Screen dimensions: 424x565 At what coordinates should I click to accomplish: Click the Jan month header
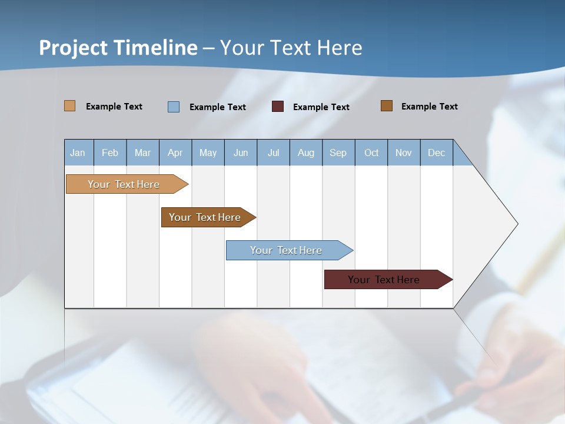point(78,153)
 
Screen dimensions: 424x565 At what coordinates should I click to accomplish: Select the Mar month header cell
point(142,153)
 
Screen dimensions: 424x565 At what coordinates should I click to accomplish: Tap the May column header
point(208,153)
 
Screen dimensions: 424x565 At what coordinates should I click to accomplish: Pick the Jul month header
point(273,153)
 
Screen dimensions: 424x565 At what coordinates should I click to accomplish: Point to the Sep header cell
point(338,153)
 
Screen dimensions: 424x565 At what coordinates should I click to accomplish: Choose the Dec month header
point(436,153)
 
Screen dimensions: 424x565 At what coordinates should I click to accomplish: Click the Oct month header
point(371,153)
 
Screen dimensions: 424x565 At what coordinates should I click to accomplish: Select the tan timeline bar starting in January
point(124,184)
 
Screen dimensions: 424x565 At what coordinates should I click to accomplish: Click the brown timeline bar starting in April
point(205,217)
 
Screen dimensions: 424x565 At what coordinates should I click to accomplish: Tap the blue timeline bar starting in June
point(286,250)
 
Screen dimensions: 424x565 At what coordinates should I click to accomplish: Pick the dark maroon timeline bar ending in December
point(384,280)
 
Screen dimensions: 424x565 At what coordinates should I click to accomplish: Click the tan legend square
point(70,106)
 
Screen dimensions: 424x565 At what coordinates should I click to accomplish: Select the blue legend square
point(174,107)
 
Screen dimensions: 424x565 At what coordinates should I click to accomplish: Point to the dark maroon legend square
point(278,107)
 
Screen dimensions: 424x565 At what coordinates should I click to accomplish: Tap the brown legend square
point(387,106)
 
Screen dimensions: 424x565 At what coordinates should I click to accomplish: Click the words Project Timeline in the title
point(118,48)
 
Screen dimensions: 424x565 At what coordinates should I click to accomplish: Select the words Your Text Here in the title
point(291,48)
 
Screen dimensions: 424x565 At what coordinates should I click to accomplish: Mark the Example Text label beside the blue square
point(217,107)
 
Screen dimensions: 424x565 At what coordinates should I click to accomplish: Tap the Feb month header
point(110,153)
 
